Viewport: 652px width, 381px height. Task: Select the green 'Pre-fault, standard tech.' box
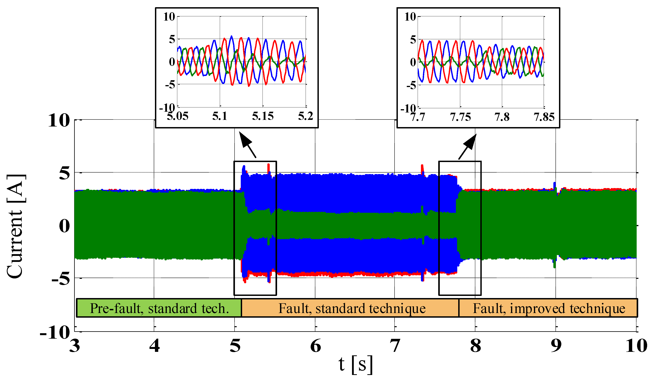tap(159, 308)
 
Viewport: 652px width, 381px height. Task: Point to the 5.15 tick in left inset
tap(263, 116)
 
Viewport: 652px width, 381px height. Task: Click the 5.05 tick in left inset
tap(177, 116)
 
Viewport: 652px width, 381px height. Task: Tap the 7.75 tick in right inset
tap(460, 117)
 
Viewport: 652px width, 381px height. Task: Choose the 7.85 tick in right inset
tap(544, 117)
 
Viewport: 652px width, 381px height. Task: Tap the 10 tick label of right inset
tap(410, 17)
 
